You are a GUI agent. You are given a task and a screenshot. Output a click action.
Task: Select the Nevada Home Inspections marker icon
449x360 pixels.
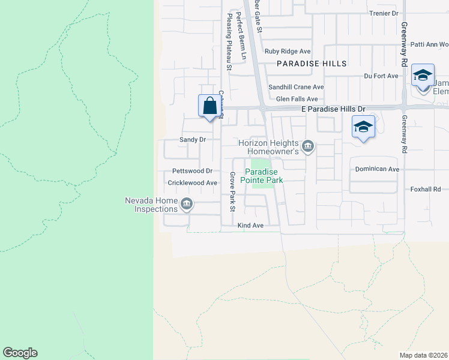click(x=187, y=205)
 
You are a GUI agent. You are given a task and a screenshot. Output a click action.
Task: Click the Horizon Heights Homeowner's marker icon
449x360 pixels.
click(x=308, y=146)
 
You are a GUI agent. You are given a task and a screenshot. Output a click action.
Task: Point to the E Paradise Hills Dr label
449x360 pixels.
click(x=333, y=109)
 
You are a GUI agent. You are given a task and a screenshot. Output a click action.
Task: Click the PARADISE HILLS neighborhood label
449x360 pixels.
click(x=312, y=64)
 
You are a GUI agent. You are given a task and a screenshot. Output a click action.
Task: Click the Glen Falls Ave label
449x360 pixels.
click(x=297, y=99)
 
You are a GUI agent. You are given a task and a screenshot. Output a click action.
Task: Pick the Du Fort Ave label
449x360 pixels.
click(x=381, y=76)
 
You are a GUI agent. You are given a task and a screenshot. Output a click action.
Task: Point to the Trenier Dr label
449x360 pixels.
click(x=384, y=13)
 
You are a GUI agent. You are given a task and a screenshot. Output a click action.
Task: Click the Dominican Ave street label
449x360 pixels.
click(x=377, y=169)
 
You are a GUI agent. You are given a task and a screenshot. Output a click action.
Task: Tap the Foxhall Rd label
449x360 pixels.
click(x=426, y=189)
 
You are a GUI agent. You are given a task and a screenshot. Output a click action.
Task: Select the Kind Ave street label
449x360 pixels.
click(x=250, y=226)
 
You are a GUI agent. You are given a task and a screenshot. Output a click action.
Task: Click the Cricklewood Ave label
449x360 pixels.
click(x=192, y=183)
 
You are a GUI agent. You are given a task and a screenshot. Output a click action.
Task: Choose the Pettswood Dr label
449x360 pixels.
click(x=192, y=171)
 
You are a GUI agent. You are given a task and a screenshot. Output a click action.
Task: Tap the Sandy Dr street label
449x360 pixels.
click(x=193, y=139)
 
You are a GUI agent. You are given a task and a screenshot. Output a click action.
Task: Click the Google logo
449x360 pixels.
click(x=20, y=353)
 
